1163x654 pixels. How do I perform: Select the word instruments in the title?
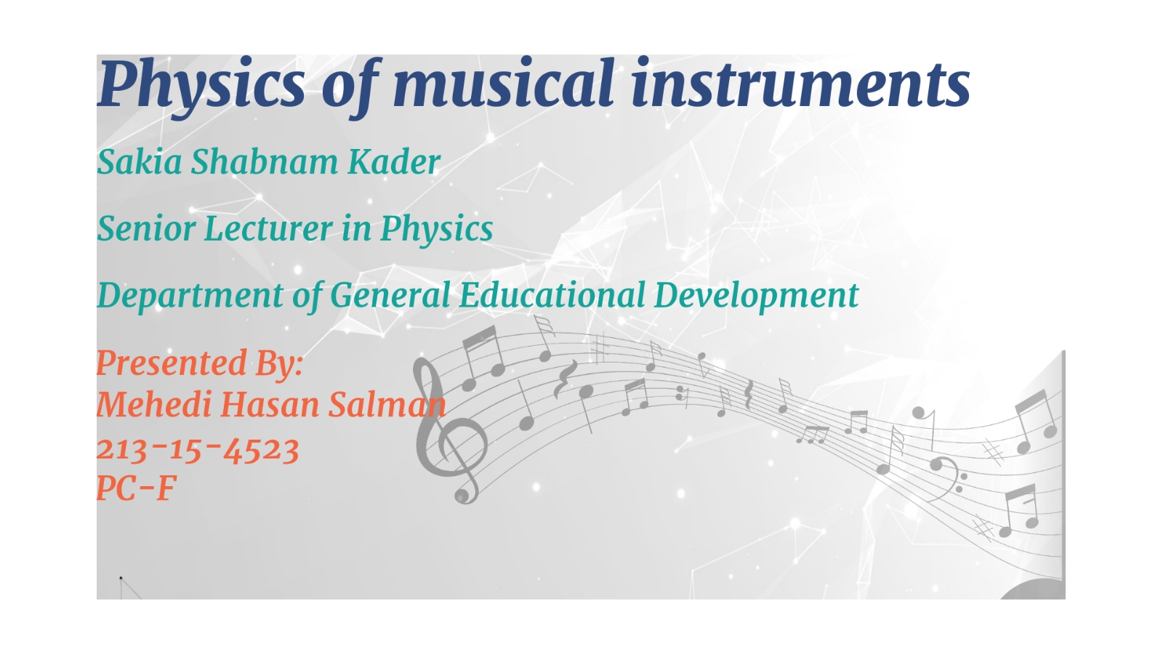[800, 83]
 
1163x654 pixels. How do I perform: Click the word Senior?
[145, 229]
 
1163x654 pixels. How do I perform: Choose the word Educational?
[552, 295]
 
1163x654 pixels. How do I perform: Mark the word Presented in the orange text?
[172, 363]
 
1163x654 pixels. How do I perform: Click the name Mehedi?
[153, 405]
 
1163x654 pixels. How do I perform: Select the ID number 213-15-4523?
[198, 450]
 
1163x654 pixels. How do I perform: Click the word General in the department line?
[390, 295]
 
